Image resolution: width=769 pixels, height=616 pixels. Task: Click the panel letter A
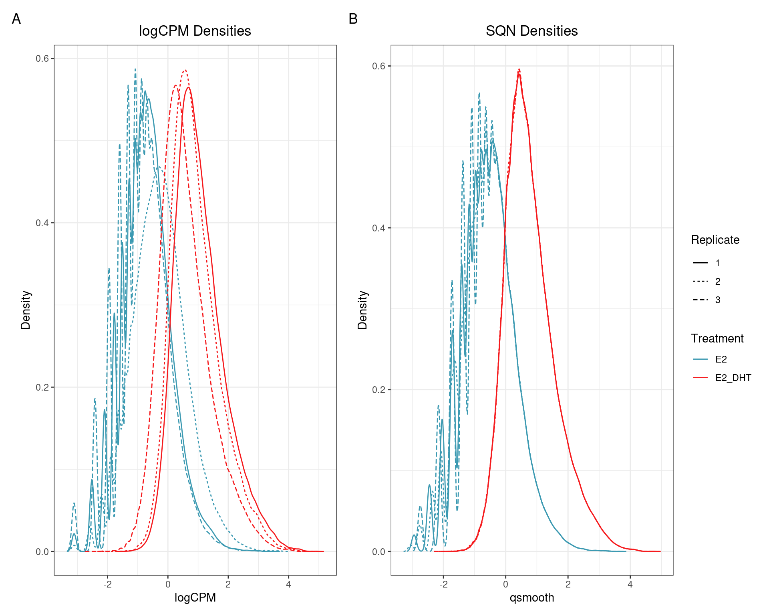coord(16,19)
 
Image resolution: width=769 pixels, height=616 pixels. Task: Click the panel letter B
coord(353,19)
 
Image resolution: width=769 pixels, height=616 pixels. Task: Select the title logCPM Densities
coord(195,31)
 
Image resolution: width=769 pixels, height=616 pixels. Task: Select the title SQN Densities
coord(531,31)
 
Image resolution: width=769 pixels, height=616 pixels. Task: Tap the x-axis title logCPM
coord(195,598)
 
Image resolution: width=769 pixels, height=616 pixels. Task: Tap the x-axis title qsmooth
coord(531,598)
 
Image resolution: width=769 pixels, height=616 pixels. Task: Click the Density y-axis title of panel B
coord(362,310)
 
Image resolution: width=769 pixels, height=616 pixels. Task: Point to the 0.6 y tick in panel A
coord(42,59)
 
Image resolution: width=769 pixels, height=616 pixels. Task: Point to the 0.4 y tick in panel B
coord(378,228)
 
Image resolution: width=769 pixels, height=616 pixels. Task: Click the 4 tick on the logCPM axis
coord(288,584)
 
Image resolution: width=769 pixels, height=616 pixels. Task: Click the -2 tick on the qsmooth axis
coord(443,584)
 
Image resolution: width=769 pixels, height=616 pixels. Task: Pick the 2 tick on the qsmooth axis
coord(568,584)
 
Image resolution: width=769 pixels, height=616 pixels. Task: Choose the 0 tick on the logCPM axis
coord(168,584)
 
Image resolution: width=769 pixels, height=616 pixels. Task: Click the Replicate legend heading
coord(715,240)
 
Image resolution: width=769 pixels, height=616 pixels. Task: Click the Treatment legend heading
coord(717,338)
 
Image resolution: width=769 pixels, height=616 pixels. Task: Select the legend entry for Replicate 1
coord(707,263)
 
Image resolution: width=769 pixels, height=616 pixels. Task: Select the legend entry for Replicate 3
coord(707,300)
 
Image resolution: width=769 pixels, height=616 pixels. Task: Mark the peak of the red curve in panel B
coord(519,70)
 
